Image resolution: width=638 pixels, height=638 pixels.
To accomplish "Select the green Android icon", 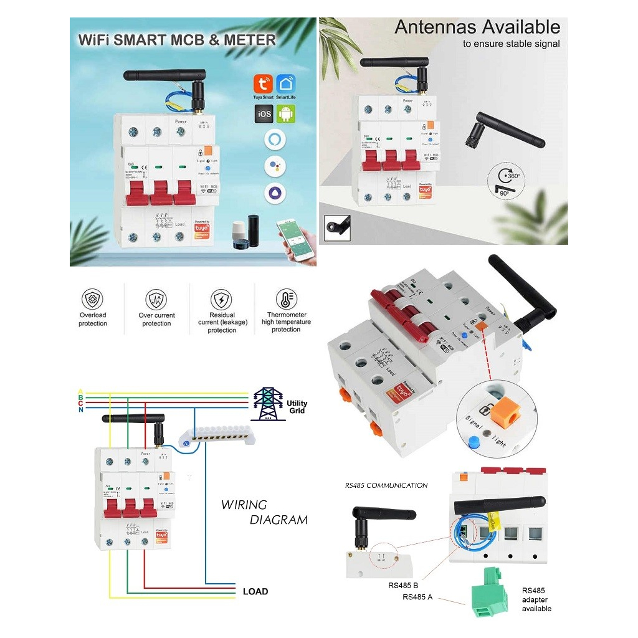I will [286, 113].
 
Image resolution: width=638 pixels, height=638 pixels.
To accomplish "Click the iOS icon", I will [263, 113].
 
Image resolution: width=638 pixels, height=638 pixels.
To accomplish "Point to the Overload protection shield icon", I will [93, 298].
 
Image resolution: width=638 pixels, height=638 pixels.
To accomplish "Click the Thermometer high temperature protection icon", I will [286, 298].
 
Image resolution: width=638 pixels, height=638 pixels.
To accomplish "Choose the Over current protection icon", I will [156, 299].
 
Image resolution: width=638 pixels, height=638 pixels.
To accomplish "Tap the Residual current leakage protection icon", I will [222, 299].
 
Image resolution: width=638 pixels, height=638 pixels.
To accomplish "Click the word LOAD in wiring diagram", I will [255, 591].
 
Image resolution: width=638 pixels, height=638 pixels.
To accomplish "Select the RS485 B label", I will [402, 585].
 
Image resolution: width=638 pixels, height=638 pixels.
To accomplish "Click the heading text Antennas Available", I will [477, 27].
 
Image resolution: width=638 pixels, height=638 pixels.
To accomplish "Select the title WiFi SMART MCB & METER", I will [176, 40].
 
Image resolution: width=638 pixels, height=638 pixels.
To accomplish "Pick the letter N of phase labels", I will [80, 409].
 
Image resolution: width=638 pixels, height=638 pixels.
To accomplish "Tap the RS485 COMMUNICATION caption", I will [386, 485].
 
